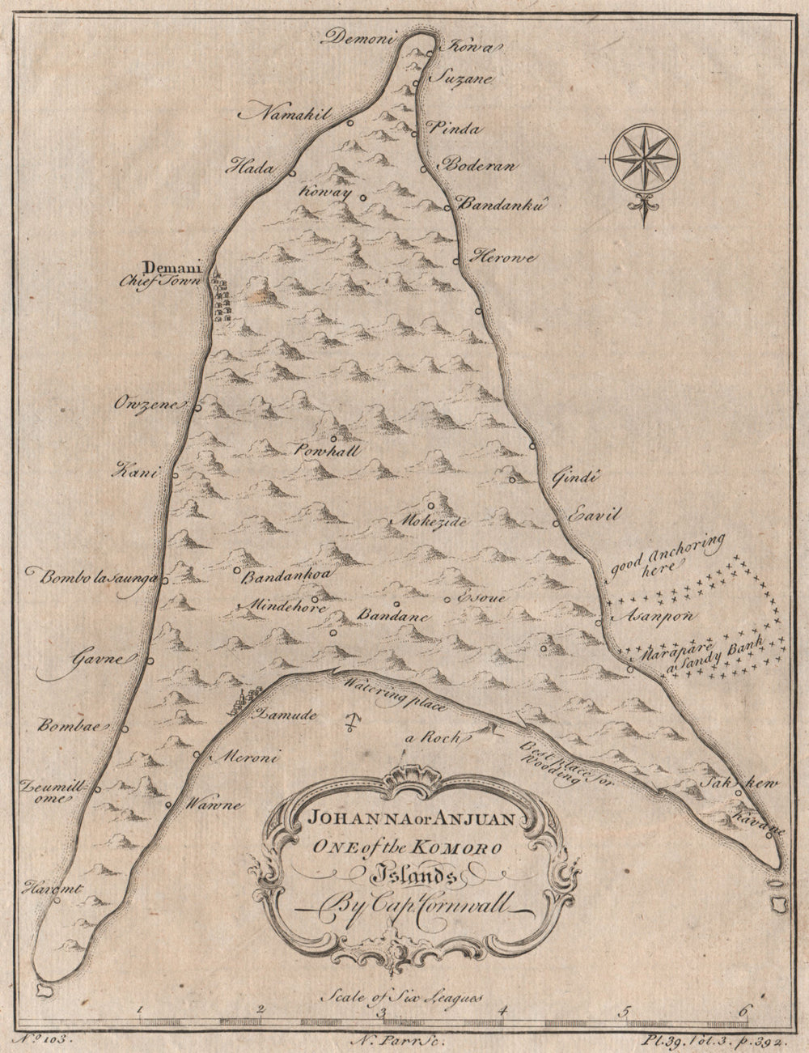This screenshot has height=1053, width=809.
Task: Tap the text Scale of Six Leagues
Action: point(400,996)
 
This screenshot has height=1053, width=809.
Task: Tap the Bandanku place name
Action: point(498,206)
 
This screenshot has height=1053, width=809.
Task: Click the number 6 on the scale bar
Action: point(745,1010)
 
